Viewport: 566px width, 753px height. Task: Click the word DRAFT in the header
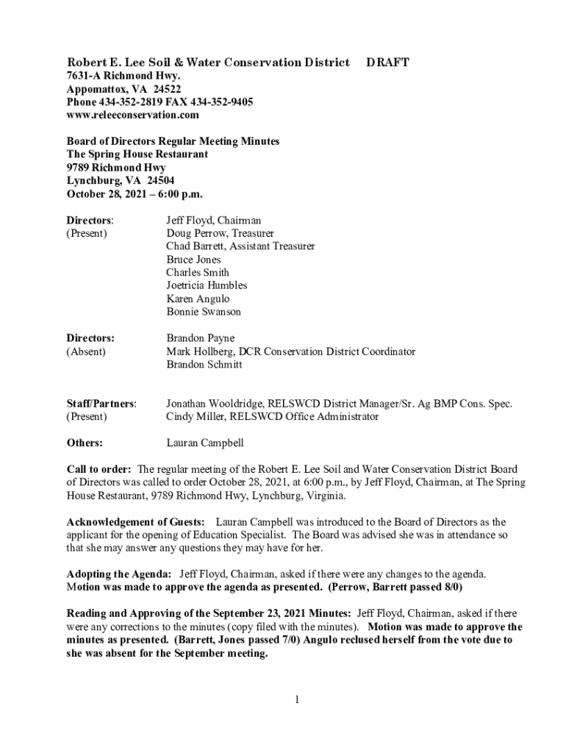click(387, 63)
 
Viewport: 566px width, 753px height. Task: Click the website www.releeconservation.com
click(132, 115)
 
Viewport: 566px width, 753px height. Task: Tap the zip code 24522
click(167, 89)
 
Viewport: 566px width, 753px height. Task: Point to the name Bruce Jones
click(193, 260)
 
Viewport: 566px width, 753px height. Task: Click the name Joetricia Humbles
click(207, 285)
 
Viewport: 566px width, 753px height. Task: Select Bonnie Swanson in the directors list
click(203, 312)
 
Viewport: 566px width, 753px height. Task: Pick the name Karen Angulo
click(198, 299)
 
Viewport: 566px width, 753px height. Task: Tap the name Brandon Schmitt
click(204, 365)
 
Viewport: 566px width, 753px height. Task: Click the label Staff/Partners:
click(101, 404)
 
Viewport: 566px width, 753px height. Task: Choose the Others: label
click(85, 443)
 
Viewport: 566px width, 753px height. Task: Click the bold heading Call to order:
click(99, 469)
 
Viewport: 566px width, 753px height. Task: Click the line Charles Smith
click(198, 273)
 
